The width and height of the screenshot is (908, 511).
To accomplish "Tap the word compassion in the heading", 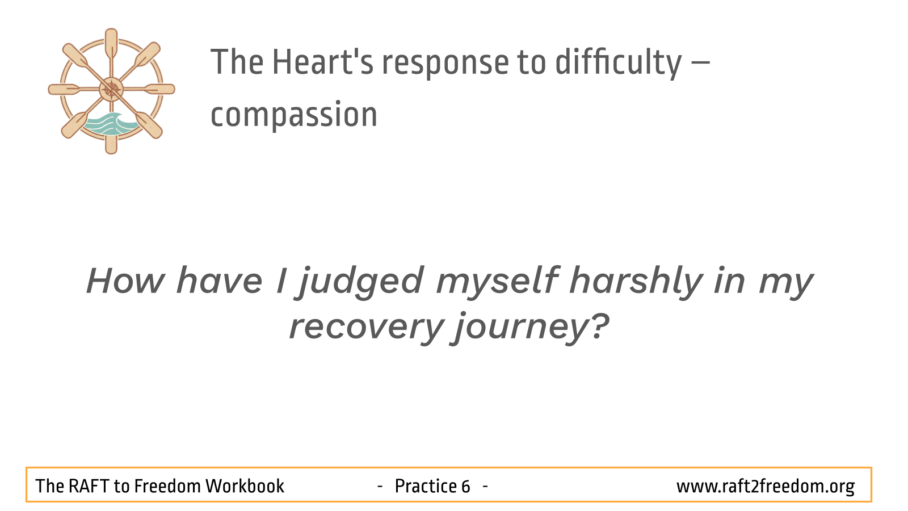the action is pos(294,115).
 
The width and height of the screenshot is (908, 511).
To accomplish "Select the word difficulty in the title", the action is pos(619,63).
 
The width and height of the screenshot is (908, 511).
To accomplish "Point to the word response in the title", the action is pos(445,65).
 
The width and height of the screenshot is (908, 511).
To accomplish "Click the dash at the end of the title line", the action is pos(700,63).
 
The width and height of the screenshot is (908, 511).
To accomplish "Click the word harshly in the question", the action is pos(636,283).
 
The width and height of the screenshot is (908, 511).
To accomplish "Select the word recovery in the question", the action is pos(367,328).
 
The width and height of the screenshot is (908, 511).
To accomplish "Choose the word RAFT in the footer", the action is pos(89,486).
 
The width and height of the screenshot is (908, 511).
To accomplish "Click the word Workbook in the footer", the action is pos(245,486).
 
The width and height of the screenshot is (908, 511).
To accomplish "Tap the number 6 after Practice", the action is pos(465,486).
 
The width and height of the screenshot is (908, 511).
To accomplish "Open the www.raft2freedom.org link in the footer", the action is pos(766,487).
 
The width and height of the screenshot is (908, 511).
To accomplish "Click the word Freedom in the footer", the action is pos(167,486).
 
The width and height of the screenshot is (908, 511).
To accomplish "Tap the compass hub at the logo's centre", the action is pos(111,89).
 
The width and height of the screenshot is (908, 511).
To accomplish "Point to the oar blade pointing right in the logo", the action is pos(159,89).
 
